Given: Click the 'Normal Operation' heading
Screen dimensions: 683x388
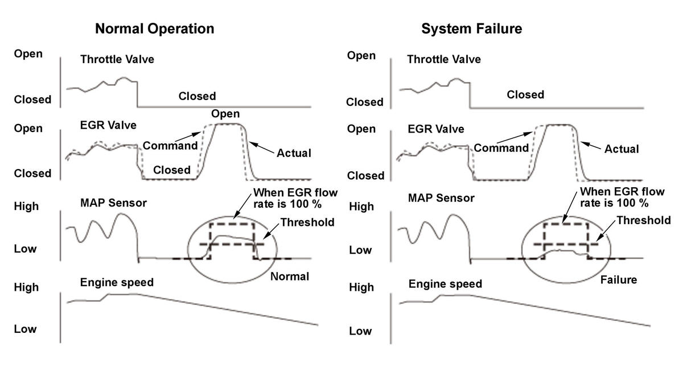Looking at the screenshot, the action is tap(155, 29).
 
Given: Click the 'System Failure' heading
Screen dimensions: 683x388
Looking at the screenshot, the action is tap(471, 29).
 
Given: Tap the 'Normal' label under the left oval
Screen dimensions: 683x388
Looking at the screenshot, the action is tap(290, 276).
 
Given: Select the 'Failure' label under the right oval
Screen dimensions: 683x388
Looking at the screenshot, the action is tap(619, 280).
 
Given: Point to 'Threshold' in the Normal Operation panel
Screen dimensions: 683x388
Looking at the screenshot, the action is tap(307, 222).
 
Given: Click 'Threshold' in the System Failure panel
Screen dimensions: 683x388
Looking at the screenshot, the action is tap(644, 220).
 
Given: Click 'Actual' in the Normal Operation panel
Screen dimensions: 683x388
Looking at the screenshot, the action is tap(294, 153).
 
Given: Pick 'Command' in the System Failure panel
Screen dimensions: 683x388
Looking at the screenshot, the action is tap(501, 148).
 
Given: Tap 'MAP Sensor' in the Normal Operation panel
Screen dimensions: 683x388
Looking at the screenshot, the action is tap(113, 203).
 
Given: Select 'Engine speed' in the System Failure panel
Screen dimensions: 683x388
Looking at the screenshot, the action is tap(445, 284).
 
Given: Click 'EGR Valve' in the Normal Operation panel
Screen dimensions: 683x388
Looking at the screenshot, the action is tap(108, 125).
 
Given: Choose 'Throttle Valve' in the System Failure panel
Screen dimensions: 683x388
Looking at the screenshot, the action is tap(444, 59).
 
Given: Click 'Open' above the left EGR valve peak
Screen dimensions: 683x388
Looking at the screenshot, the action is tap(225, 114).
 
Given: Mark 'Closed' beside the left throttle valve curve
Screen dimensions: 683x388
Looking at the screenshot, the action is tap(197, 96).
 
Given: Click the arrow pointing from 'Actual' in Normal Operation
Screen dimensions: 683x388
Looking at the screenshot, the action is tap(262, 147).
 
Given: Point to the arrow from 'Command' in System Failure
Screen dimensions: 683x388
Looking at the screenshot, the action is tap(515, 138).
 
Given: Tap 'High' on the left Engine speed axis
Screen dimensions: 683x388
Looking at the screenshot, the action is tap(26, 287).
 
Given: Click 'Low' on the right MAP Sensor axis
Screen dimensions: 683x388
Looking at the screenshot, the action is tap(360, 250).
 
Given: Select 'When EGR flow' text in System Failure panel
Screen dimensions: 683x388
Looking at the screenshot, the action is tap(622, 191).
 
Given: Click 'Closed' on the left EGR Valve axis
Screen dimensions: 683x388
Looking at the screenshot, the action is tap(32, 174).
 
